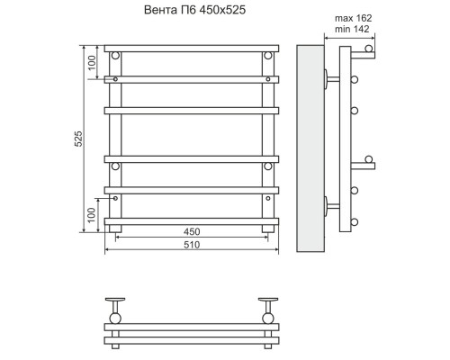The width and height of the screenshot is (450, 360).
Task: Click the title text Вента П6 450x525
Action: pos(194,10)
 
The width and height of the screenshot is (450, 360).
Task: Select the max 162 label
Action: pos(353,18)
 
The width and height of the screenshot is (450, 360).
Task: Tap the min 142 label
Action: pos(352,29)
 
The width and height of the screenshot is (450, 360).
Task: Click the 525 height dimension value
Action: pos(78,139)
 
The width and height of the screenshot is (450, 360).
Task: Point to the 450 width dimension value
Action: pos(192,231)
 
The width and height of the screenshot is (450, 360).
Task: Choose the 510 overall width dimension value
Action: pos(192,245)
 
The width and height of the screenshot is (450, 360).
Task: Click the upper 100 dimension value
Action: pos(92,63)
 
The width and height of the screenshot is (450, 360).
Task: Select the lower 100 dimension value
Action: pos(92,215)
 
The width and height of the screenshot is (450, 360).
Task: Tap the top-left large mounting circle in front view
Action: pos(115,56)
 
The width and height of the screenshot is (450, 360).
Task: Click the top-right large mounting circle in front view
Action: pos(268,56)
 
